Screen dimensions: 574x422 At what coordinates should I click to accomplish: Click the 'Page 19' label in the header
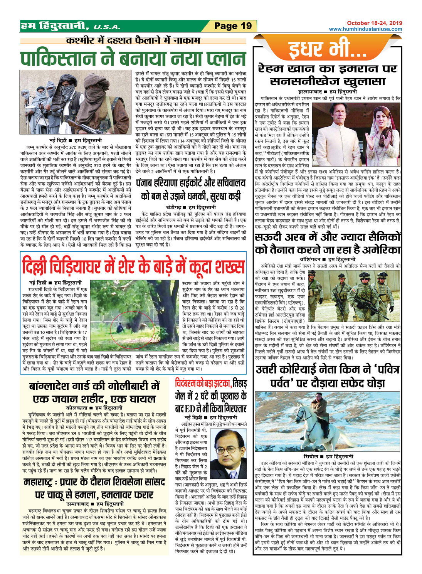(x=233, y=26)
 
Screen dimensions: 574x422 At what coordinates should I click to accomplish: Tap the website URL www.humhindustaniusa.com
(x=365, y=29)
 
